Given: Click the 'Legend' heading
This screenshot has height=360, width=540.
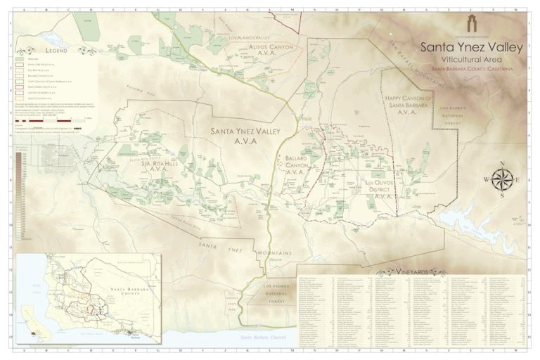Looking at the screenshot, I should [53, 51].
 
